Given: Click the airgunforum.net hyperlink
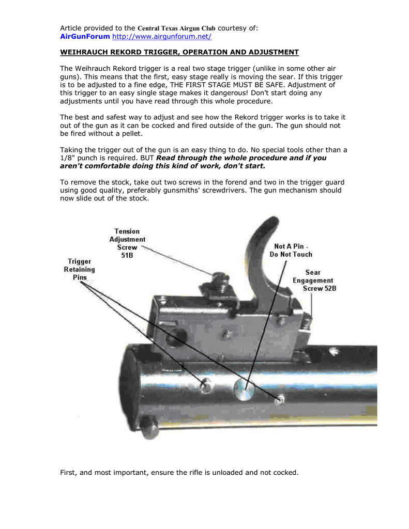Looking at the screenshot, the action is click(x=162, y=37).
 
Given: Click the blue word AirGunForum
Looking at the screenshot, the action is click(x=85, y=37).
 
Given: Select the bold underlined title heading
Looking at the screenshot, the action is click(x=179, y=52).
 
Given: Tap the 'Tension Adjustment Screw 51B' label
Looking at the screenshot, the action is click(x=127, y=243).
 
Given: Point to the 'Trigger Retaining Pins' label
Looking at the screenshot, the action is click(x=79, y=269).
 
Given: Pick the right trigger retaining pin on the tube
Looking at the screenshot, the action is click(x=280, y=398).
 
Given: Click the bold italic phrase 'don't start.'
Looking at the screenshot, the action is click(x=243, y=166).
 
